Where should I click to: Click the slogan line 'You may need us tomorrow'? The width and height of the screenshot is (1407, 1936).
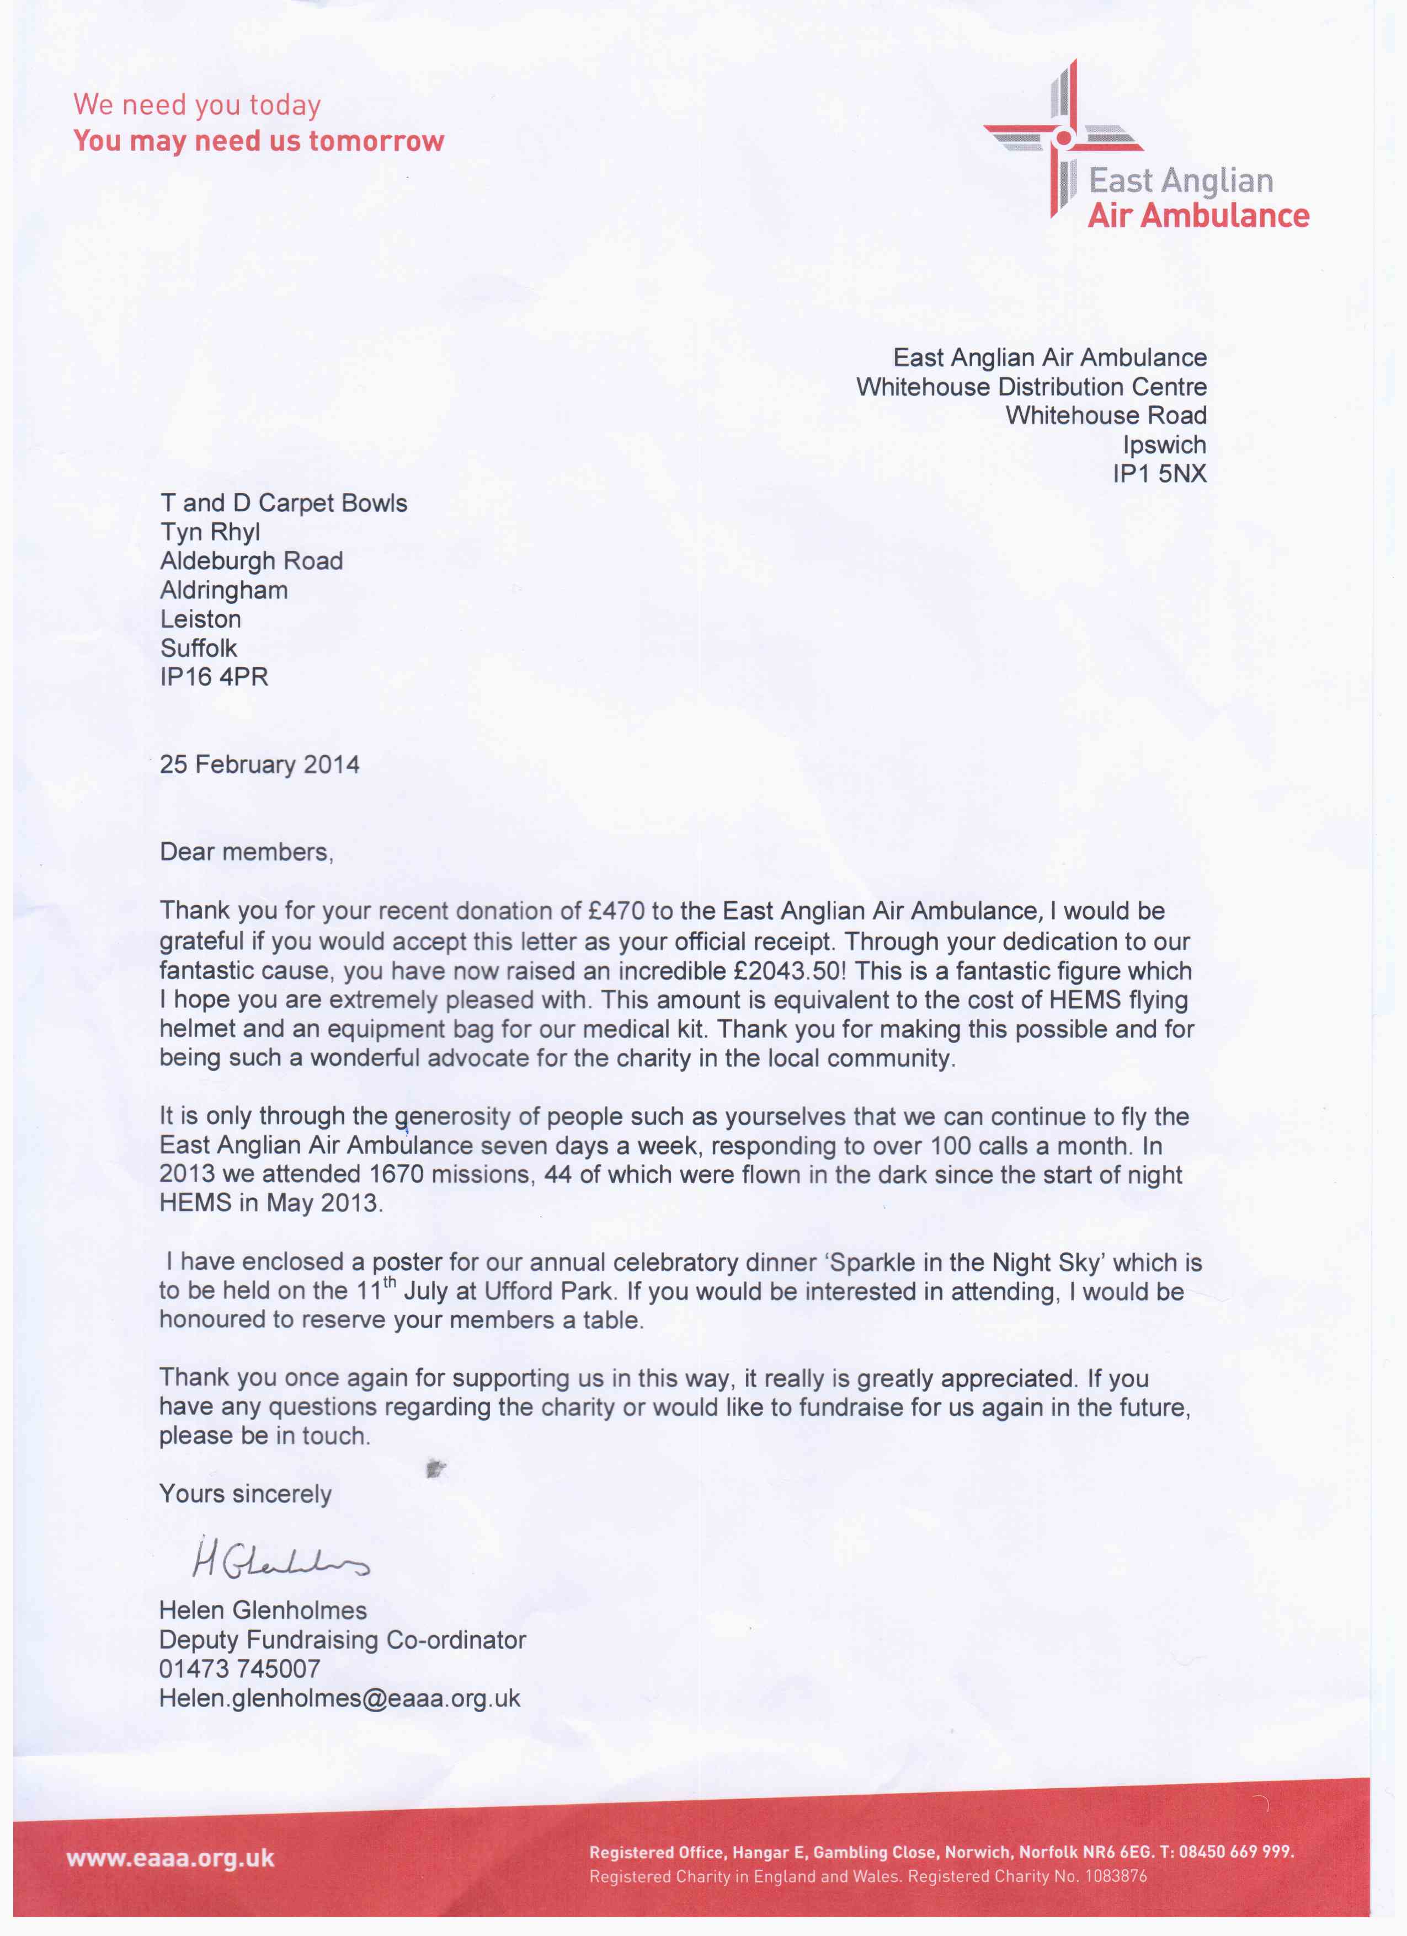click(x=259, y=141)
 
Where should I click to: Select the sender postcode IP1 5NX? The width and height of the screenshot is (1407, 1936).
click(x=1159, y=474)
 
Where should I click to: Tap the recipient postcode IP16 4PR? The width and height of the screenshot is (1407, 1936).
click(x=214, y=677)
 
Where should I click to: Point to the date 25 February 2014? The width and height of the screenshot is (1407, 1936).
click(x=259, y=764)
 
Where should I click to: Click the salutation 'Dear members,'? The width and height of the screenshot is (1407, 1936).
click(x=246, y=852)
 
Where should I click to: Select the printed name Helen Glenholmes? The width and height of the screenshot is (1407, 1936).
click(x=263, y=1610)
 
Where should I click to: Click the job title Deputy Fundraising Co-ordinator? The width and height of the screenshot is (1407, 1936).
click(x=342, y=1640)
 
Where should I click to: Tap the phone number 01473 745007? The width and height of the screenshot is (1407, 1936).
click(x=240, y=1669)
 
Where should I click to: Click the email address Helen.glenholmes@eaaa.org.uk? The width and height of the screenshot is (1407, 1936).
click(x=339, y=1698)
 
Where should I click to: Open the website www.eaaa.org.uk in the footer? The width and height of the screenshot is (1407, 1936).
click(x=170, y=1858)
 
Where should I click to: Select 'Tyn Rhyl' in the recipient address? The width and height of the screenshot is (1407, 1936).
click(x=210, y=532)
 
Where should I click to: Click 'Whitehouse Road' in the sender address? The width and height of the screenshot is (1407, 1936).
click(x=1106, y=416)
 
